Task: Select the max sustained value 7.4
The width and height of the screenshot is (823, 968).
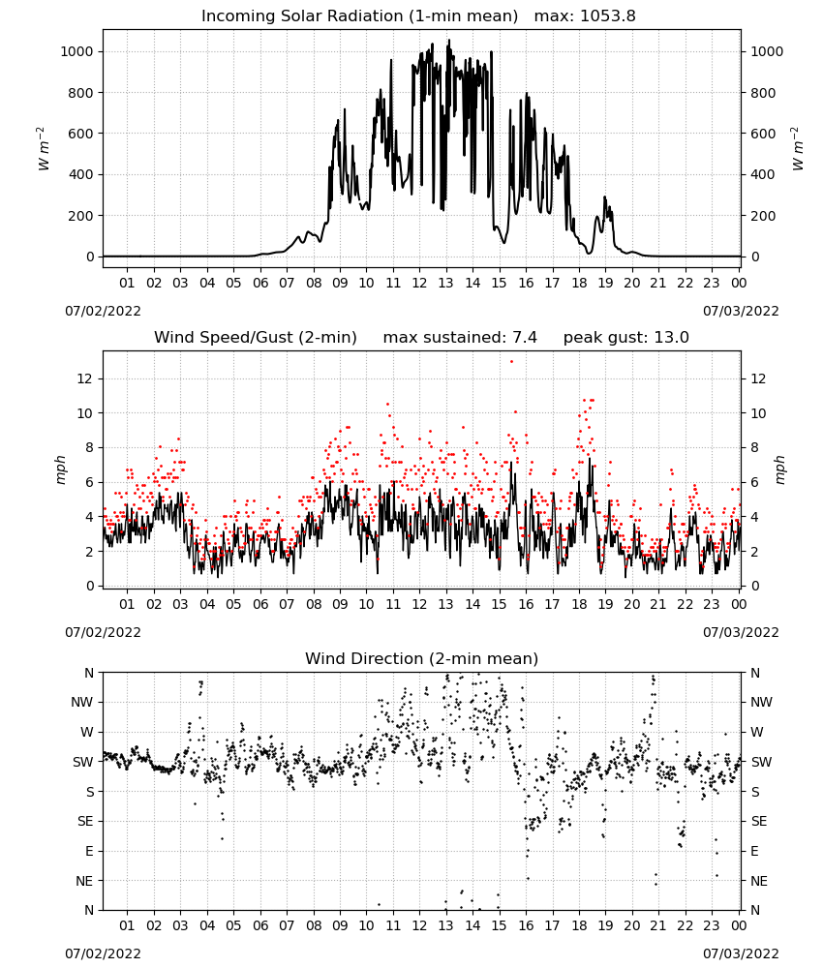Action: click(524, 338)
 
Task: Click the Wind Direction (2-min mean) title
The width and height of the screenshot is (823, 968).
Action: click(422, 658)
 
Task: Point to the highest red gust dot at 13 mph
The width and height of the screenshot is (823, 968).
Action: click(511, 361)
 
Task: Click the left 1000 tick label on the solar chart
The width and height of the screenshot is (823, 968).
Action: click(76, 52)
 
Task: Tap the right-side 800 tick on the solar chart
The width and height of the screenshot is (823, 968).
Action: click(763, 93)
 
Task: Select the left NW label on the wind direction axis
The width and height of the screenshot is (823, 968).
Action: click(82, 703)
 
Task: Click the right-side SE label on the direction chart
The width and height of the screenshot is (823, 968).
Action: click(759, 822)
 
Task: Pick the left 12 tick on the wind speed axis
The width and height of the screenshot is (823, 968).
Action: click(84, 378)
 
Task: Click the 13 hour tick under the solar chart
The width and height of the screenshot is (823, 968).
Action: click(445, 283)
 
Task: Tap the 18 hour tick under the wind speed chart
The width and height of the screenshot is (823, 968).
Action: click(579, 604)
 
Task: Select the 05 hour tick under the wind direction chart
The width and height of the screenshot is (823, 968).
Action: click(233, 925)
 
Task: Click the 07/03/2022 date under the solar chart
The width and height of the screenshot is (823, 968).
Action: click(741, 311)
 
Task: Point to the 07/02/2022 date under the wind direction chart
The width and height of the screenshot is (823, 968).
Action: click(103, 953)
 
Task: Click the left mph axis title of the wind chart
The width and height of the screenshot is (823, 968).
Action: click(60, 469)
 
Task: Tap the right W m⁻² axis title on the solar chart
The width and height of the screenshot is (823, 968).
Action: click(797, 149)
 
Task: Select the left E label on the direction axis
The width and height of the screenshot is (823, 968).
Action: click(89, 851)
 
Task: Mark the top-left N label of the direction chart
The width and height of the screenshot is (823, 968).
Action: click(89, 673)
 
